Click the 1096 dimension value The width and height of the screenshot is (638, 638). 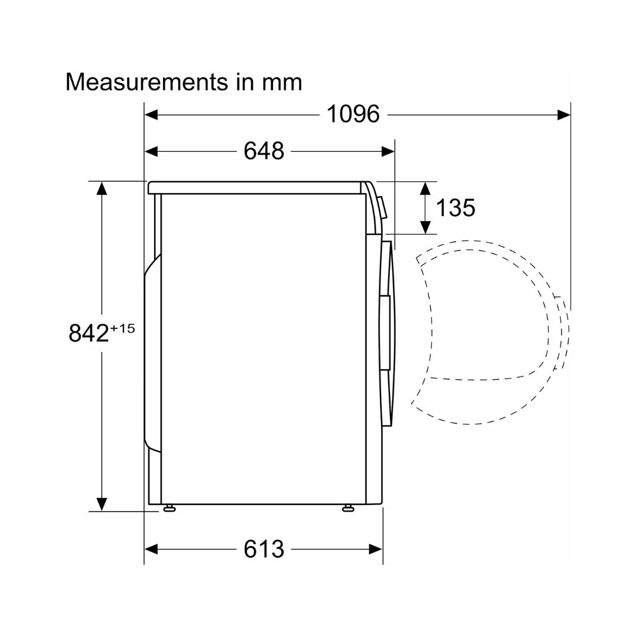353,114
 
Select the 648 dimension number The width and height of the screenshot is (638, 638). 263,151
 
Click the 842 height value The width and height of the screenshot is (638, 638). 89,333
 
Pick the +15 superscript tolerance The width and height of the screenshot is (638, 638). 122,328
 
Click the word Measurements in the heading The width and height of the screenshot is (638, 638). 147,82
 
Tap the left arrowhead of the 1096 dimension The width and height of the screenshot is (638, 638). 151,115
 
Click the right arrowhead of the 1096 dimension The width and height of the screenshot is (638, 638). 564,115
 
